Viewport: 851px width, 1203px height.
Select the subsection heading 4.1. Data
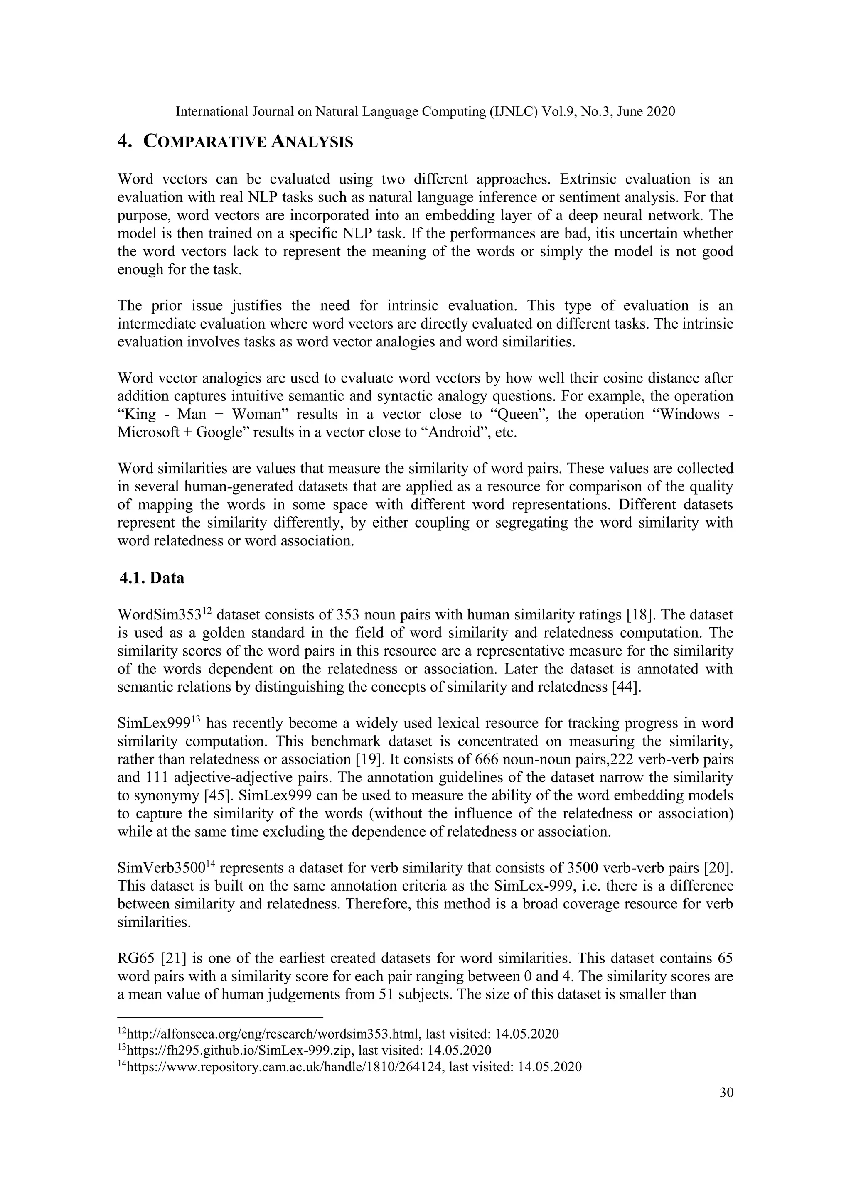tap(152, 578)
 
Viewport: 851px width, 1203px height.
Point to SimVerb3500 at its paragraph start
tap(160, 868)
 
